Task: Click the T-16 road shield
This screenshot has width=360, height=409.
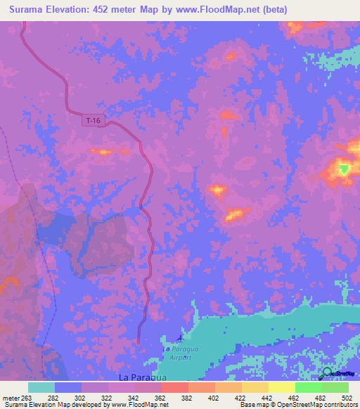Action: point(93,121)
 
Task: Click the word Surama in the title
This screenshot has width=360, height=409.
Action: point(27,10)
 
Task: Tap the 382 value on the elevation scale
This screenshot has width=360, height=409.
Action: point(186,397)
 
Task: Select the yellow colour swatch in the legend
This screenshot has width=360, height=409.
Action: point(282,387)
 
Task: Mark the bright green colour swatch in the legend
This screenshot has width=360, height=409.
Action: point(309,387)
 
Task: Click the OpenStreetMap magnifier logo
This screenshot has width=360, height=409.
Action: point(327,373)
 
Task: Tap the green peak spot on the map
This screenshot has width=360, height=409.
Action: point(343,169)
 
